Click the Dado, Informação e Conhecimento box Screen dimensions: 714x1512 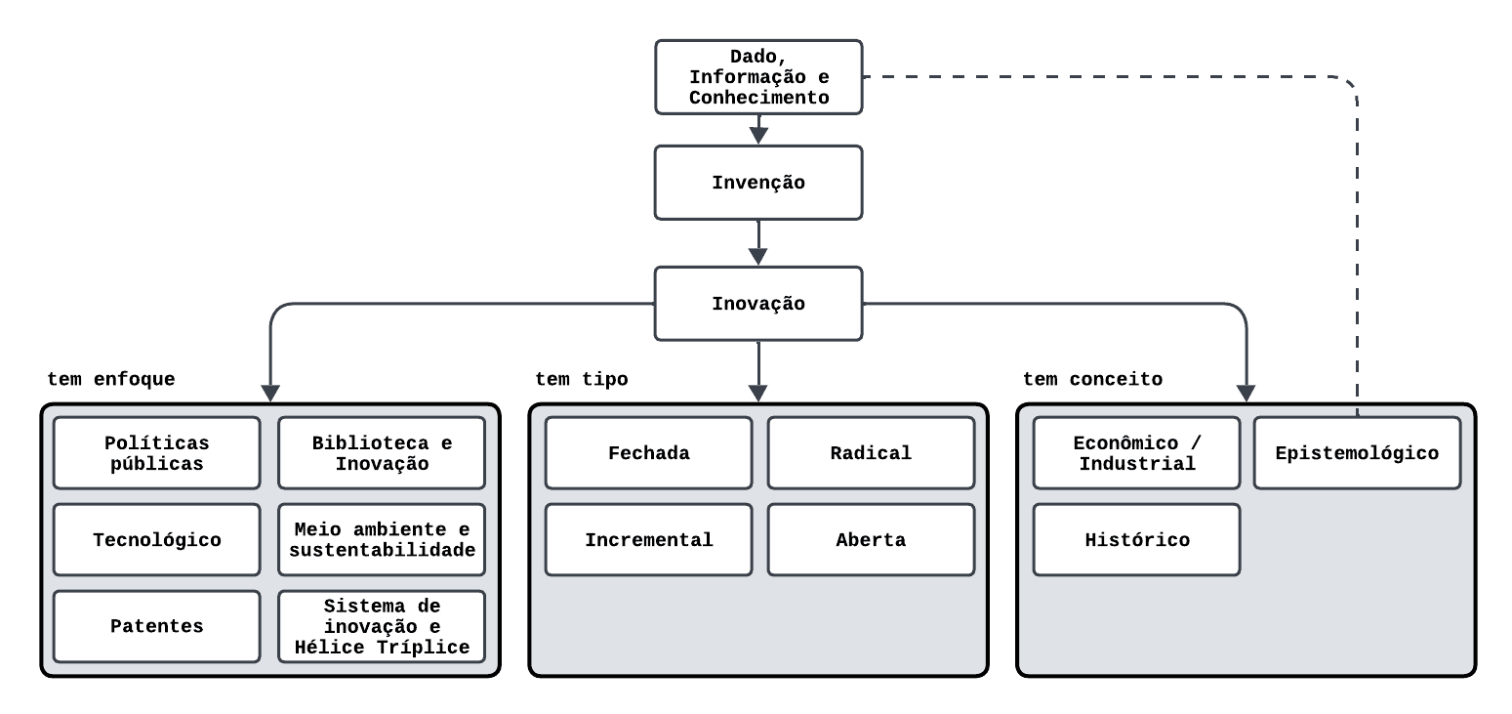[758, 76]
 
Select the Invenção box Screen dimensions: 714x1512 [758, 183]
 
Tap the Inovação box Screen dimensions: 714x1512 [758, 304]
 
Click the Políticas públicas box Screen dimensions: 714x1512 [157, 453]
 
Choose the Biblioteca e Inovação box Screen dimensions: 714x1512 [382, 453]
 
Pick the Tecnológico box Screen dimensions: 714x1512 [157, 540]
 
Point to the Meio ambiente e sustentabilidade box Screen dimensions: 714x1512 [382, 540]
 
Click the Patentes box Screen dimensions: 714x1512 [157, 626]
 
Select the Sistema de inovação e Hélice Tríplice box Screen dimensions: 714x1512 [382, 626]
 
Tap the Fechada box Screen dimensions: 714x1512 [648, 453]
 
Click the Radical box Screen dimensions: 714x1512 [871, 453]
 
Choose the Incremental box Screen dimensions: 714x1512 [648, 540]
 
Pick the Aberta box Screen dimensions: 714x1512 [871, 540]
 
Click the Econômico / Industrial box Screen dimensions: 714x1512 [1136, 453]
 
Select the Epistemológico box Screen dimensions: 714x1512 [1357, 453]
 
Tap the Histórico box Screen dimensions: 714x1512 [1136, 540]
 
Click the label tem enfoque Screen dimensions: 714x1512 [111, 379]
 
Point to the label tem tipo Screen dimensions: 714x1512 [582, 379]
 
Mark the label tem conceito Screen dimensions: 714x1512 [1093, 379]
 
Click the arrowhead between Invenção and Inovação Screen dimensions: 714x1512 [758, 256]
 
